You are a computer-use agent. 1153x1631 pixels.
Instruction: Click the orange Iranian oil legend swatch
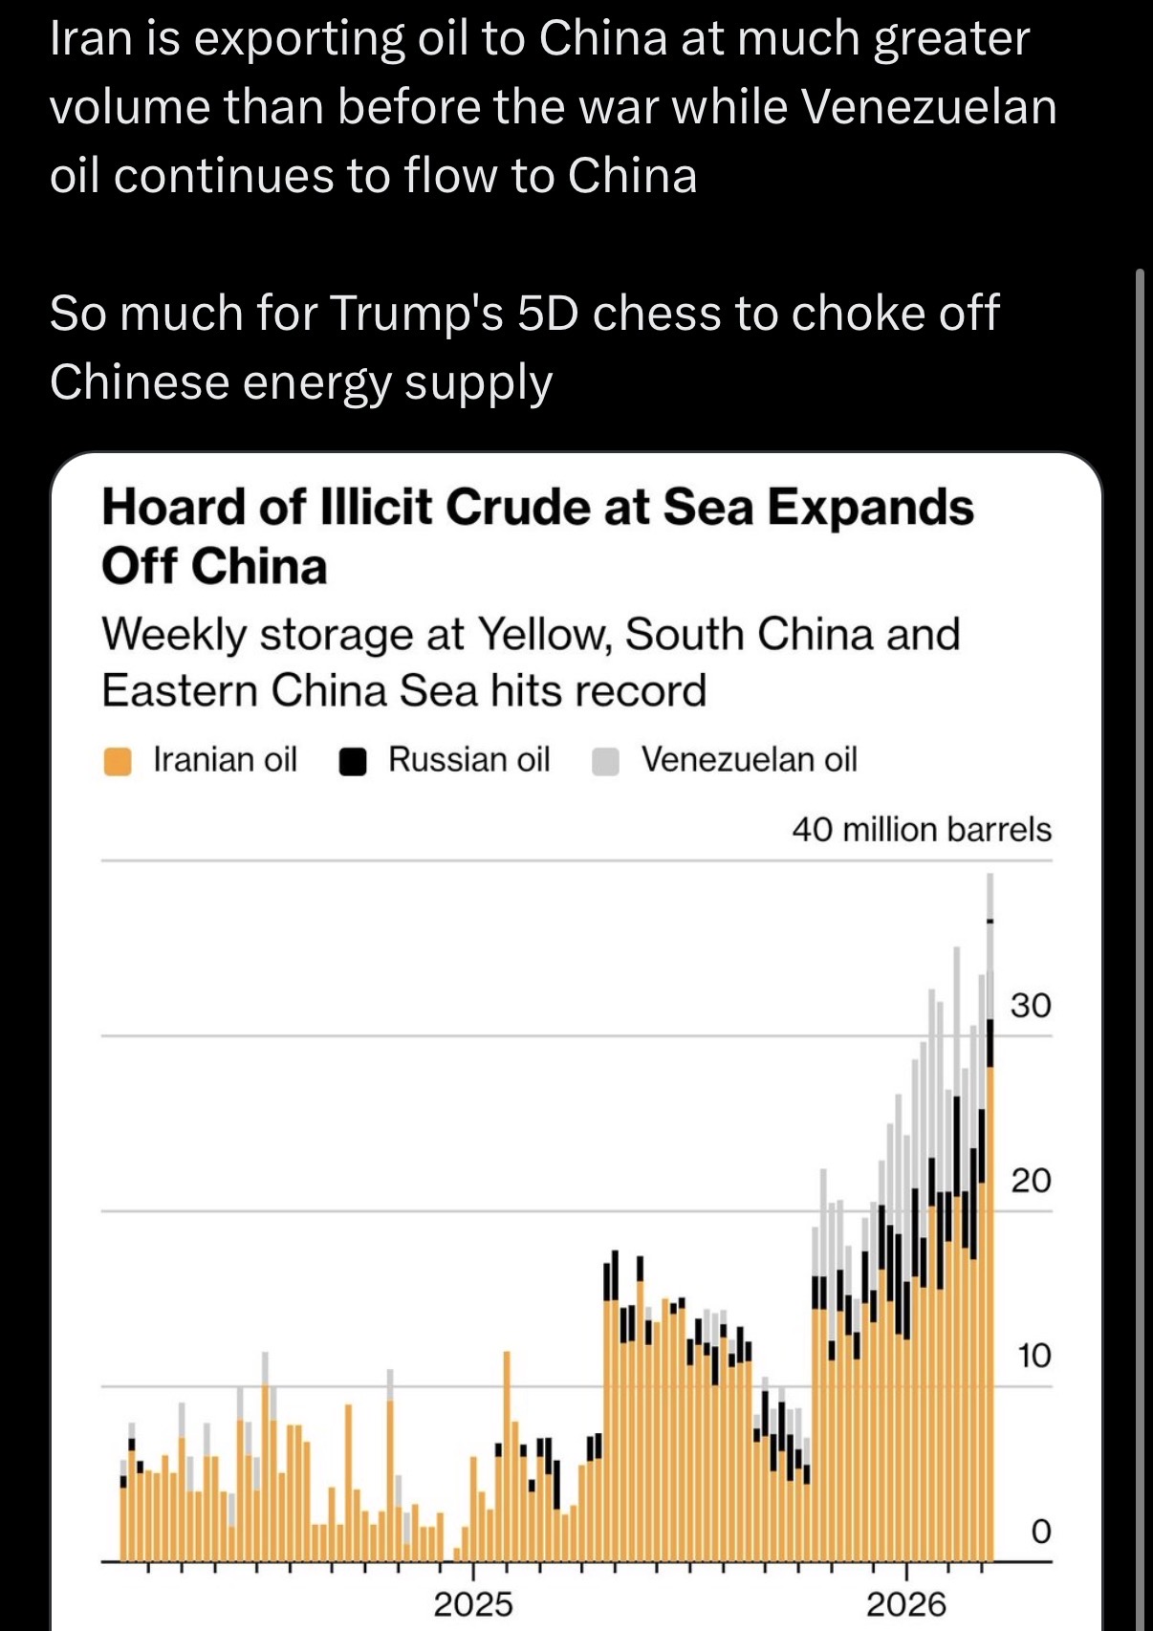pos(118,762)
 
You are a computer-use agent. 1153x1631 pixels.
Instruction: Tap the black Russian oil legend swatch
pos(353,762)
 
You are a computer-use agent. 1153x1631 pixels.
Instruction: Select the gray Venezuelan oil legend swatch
pos(605,762)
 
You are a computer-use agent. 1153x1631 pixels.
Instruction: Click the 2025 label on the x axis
pos(473,1603)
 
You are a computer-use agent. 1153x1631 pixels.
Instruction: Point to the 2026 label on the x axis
pos(905,1603)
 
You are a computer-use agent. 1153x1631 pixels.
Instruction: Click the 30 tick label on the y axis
pos(1031,1006)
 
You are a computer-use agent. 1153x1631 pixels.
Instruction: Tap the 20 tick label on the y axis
pos(1031,1181)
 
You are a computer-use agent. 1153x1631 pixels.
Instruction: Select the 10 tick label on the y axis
pos(1033,1356)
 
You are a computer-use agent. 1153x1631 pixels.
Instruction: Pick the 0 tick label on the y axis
pos(1041,1531)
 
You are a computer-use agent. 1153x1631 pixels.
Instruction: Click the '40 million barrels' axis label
pos(921,829)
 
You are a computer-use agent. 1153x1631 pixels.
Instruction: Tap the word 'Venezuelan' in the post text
pos(928,106)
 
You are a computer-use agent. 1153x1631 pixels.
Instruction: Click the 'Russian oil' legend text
pos(468,759)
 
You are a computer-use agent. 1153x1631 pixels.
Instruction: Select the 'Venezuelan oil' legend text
pos(749,759)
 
